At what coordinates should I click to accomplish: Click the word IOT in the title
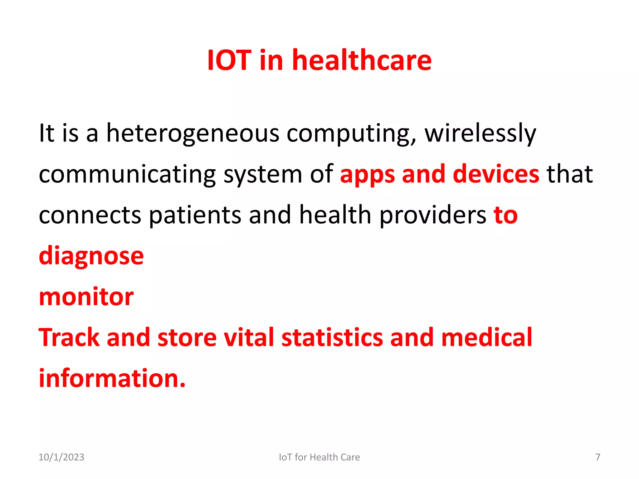click(x=229, y=60)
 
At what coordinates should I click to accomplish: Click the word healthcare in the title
click(x=362, y=60)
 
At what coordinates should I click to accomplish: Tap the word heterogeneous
click(x=193, y=133)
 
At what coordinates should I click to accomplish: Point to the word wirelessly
click(x=480, y=133)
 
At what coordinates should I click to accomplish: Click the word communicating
click(x=127, y=174)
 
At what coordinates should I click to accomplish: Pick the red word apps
click(x=367, y=174)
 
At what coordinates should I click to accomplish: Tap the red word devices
click(x=496, y=174)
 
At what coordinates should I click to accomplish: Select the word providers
click(x=433, y=215)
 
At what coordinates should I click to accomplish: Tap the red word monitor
click(x=86, y=297)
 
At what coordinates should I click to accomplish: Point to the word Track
click(x=69, y=338)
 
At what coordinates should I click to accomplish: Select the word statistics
click(x=332, y=338)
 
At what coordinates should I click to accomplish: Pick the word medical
click(x=486, y=338)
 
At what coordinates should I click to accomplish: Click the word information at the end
click(x=112, y=379)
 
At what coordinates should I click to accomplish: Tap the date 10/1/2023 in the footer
click(x=61, y=457)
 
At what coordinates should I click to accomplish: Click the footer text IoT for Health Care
click(x=319, y=457)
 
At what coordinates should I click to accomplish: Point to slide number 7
click(x=598, y=457)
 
